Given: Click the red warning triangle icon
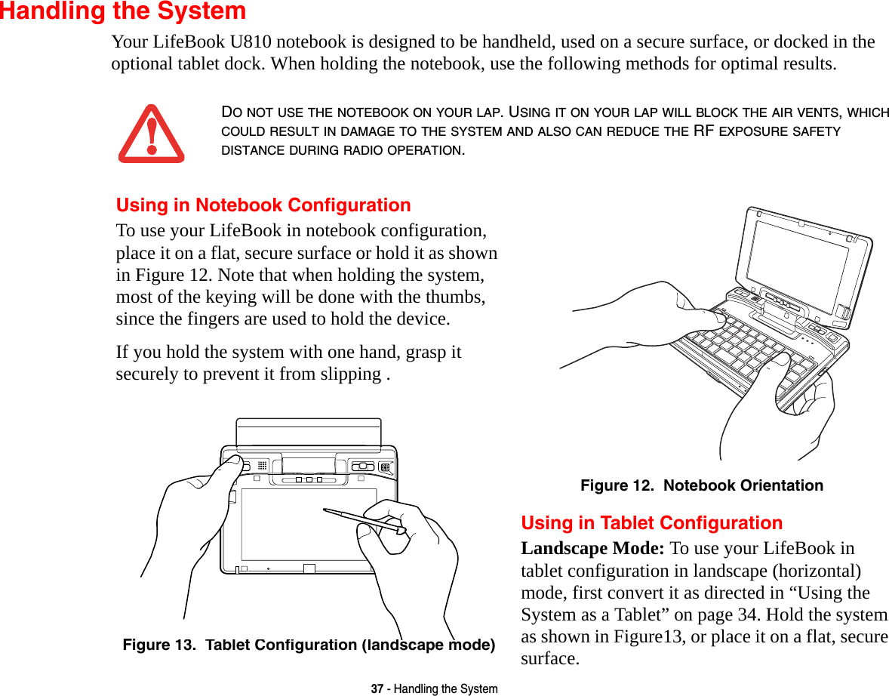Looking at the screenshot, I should pyautogui.click(x=151, y=135).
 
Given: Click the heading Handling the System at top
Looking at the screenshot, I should pyautogui.click(x=123, y=11).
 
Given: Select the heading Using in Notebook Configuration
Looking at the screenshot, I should pyautogui.click(x=263, y=205).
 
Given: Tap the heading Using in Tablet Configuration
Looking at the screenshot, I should pyautogui.click(x=651, y=523).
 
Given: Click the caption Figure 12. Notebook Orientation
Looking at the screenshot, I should pyautogui.click(x=701, y=485).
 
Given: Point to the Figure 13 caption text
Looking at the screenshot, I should pyautogui.click(x=309, y=645).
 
